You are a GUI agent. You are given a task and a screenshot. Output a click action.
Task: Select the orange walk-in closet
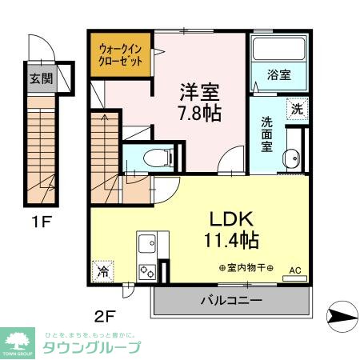[120, 54]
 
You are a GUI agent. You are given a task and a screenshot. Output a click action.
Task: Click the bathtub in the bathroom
[278, 51]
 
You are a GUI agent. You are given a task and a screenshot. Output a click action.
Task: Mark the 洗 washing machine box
[296, 108]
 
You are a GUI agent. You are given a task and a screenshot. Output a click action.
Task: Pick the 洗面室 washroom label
[266, 135]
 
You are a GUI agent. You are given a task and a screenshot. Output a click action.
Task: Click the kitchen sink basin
[146, 241]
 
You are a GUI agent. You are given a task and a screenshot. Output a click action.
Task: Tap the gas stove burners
[147, 270]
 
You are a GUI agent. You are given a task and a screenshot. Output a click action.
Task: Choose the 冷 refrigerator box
[103, 270]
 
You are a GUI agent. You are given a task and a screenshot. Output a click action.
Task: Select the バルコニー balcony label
[230, 301]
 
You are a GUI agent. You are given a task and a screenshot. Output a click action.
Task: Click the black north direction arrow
[342, 318]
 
